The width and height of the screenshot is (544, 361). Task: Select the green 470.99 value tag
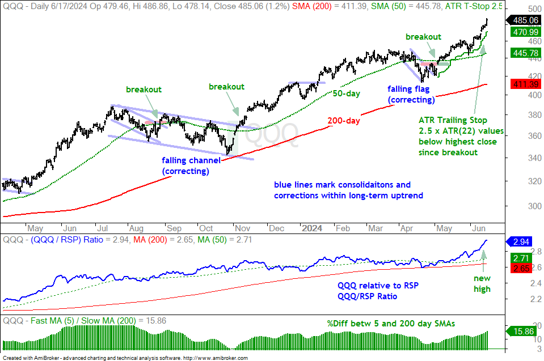(x=525, y=32)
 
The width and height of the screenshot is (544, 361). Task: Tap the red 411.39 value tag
(x=525, y=84)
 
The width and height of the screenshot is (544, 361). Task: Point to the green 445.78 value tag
(x=525, y=53)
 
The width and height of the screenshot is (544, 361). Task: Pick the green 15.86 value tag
(x=521, y=331)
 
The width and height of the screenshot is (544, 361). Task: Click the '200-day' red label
(x=344, y=121)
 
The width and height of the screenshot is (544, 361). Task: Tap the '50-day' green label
(x=346, y=94)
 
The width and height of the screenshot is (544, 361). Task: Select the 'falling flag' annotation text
(x=408, y=89)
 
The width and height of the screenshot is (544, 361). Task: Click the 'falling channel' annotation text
(x=191, y=160)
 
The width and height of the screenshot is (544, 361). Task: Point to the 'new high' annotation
(x=482, y=283)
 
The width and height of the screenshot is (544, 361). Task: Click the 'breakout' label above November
(x=226, y=87)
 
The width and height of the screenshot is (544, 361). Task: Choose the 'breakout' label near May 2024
(x=423, y=37)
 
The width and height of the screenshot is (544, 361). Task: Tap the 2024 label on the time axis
(x=312, y=228)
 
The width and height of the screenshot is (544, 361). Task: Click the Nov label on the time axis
(x=242, y=228)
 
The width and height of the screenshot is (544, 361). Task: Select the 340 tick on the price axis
(x=534, y=158)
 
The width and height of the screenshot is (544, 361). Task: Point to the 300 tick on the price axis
(x=534, y=206)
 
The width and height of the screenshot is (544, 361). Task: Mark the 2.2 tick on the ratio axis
(x=536, y=299)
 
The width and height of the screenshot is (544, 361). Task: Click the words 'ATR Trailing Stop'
(x=453, y=120)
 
